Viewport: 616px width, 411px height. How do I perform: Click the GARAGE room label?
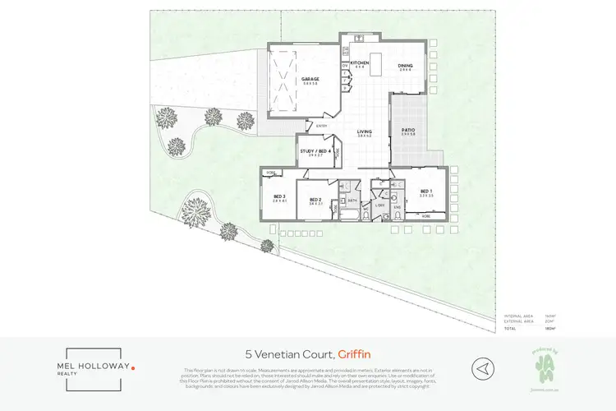point(310,78)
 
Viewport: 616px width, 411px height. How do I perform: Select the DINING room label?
point(406,66)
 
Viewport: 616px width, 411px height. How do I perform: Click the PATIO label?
point(407,129)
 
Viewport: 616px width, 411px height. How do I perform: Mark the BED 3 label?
point(279,196)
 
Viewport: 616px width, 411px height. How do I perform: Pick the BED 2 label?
point(315,199)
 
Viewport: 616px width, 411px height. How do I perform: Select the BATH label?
point(351,200)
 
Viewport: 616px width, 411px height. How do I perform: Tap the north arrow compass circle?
point(484,367)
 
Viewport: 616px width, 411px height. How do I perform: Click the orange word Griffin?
point(355,353)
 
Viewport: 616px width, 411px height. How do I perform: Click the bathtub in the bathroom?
point(347,215)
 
